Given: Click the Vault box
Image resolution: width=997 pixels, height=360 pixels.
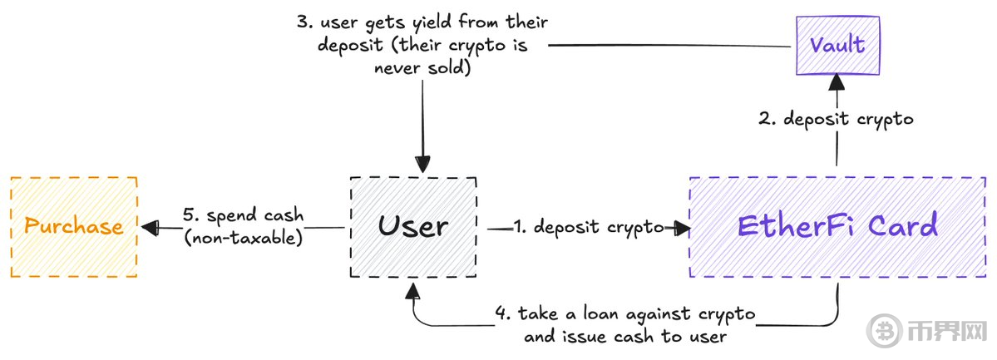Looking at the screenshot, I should click(x=837, y=44).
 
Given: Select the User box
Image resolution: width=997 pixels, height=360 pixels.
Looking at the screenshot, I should click(x=414, y=226).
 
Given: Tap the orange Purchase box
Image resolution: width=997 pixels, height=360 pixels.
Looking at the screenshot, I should click(x=73, y=226).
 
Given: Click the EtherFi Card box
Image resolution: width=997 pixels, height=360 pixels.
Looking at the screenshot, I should click(x=837, y=226).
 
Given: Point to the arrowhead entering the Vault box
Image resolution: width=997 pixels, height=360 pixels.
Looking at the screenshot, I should click(x=837, y=80).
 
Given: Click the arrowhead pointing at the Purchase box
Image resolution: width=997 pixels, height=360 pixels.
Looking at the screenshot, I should click(x=150, y=226).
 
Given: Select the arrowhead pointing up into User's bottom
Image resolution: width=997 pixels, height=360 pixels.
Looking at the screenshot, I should click(x=413, y=288).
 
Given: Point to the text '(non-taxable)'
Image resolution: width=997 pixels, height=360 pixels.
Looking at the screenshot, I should click(x=243, y=236).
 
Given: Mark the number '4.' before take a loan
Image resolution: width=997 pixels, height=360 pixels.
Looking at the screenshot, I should click(x=502, y=315).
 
